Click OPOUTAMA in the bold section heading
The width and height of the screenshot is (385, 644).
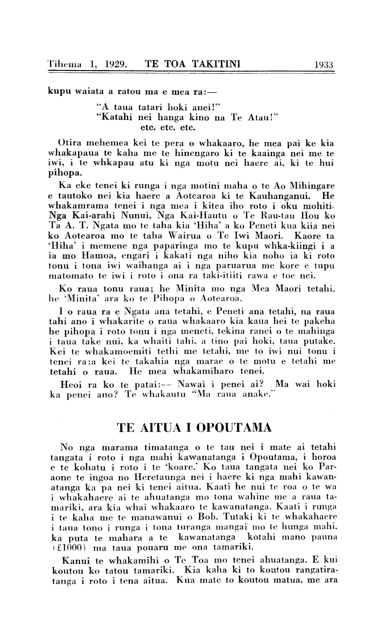coord(234,428)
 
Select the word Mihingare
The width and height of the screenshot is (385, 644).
coord(312,186)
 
